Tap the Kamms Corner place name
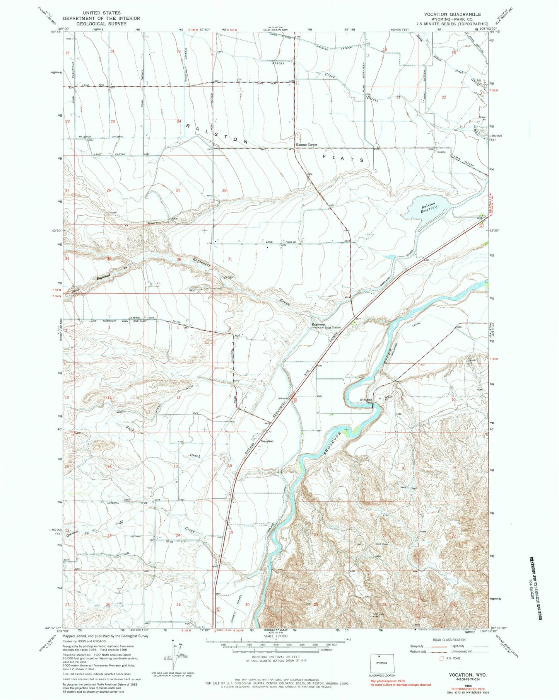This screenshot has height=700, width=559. pos(306,145)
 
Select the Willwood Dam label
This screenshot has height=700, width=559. pos(366,401)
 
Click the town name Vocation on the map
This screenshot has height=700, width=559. pos(267,441)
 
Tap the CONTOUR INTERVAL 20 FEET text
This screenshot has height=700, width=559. pos(275,668)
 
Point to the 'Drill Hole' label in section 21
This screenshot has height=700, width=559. pos(381,544)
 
